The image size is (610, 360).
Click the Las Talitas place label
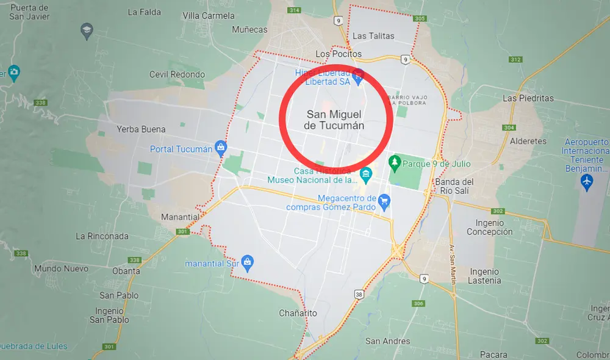coord(373,36)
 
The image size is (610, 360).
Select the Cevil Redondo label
coord(177,74)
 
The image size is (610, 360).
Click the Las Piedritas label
coord(528,98)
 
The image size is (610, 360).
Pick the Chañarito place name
coord(298,313)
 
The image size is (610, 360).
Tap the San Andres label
coord(387,341)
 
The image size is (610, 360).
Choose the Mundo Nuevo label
coord(61,268)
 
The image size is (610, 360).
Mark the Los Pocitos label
coord(338,54)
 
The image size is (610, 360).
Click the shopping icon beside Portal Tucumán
coord(221,148)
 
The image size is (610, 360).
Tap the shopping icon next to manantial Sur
coord(247,263)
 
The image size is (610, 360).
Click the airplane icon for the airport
coord(587,181)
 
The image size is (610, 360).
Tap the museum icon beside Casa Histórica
coord(365,176)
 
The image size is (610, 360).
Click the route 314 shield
coord(295,11)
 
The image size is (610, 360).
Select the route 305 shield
coord(419,19)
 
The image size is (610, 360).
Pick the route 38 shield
coord(359,295)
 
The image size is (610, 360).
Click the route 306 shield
coord(418,303)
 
